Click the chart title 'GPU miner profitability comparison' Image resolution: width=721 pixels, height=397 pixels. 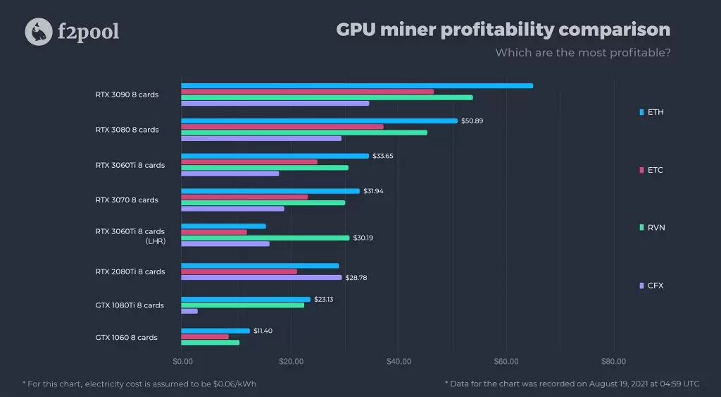pyautogui.click(x=503, y=30)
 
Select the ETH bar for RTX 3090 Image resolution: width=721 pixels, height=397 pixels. pyautogui.click(x=357, y=86)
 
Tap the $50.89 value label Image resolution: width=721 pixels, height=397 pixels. pyautogui.click(x=472, y=121)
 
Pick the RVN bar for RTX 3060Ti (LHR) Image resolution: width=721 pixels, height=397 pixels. pyautogui.click(x=265, y=238)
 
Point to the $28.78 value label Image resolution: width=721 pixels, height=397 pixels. pyautogui.click(x=356, y=278)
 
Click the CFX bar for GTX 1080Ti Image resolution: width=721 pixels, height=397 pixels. pyautogui.click(x=189, y=311)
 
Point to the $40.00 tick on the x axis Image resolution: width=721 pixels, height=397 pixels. pyautogui.click(x=399, y=362)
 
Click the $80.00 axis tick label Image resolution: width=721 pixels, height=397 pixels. pyautogui.click(x=613, y=362)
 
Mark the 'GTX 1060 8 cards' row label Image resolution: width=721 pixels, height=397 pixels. pyautogui.click(x=127, y=338)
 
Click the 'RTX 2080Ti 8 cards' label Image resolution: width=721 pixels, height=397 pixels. pyautogui.click(x=130, y=271)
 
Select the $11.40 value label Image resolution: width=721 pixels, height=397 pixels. pyautogui.click(x=263, y=331)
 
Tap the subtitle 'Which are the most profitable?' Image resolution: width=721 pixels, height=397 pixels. pyautogui.click(x=582, y=53)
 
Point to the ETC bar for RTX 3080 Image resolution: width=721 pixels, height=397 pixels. pyautogui.click(x=282, y=127)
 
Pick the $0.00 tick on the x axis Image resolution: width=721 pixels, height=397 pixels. pyautogui.click(x=182, y=362)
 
